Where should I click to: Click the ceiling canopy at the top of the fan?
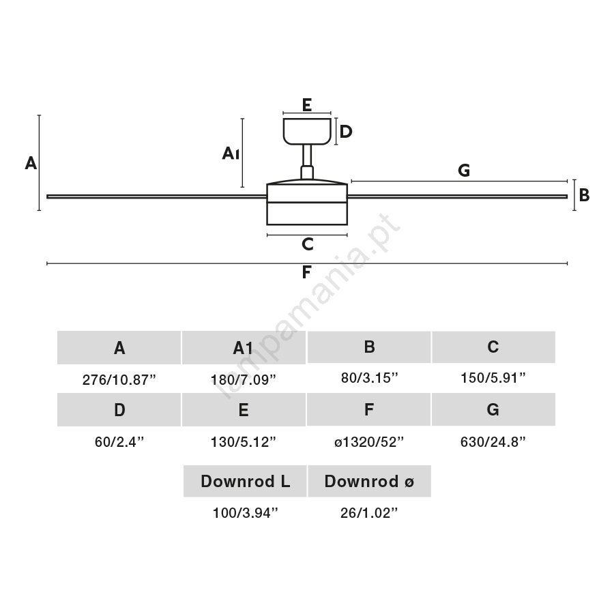[x=307, y=132]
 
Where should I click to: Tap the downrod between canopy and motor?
[x=307, y=162]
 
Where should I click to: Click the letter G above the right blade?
[x=464, y=171]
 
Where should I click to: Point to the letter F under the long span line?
[x=306, y=272]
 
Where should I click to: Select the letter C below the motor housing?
[x=308, y=244]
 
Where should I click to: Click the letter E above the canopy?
[x=307, y=105]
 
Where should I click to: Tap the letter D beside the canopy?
[x=346, y=132]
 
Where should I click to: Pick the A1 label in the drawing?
[x=231, y=153]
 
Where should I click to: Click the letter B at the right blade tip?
[x=584, y=195]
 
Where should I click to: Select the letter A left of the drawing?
[x=31, y=163]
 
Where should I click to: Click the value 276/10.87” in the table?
[x=119, y=380]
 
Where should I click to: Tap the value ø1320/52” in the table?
[x=369, y=442]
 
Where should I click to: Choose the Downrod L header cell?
[x=245, y=481]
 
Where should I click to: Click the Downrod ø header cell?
[x=369, y=481]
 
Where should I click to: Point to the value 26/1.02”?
[x=369, y=513]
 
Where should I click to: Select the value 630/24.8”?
[x=493, y=442]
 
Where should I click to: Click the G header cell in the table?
[x=493, y=409]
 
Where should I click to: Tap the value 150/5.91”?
[x=493, y=378]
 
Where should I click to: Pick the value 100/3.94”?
[x=245, y=513]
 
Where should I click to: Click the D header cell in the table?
[x=119, y=409]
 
